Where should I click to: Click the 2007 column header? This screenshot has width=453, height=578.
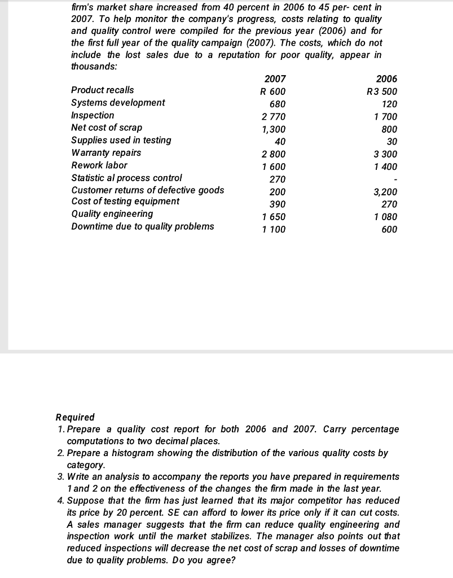(275, 79)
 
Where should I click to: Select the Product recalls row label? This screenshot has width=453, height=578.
(103, 90)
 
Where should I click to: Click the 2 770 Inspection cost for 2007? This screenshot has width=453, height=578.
(274, 117)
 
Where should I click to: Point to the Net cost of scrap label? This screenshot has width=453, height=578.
(107, 128)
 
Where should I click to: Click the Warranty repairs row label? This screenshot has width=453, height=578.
(106, 153)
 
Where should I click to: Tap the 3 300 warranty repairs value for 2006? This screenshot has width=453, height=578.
(385, 154)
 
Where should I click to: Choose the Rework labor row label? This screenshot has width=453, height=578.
(99, 165)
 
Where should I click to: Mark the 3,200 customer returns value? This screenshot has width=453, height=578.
(385, 192)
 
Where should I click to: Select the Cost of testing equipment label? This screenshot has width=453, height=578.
(125, 202)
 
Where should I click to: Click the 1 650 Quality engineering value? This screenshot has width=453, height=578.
(274, 217)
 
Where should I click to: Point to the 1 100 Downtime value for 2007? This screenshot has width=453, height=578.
(274, 230)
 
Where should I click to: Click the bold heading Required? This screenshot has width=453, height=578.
(76, 417)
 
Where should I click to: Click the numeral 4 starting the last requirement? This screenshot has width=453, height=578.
(60, 501)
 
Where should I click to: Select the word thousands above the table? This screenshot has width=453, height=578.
(94, 66)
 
